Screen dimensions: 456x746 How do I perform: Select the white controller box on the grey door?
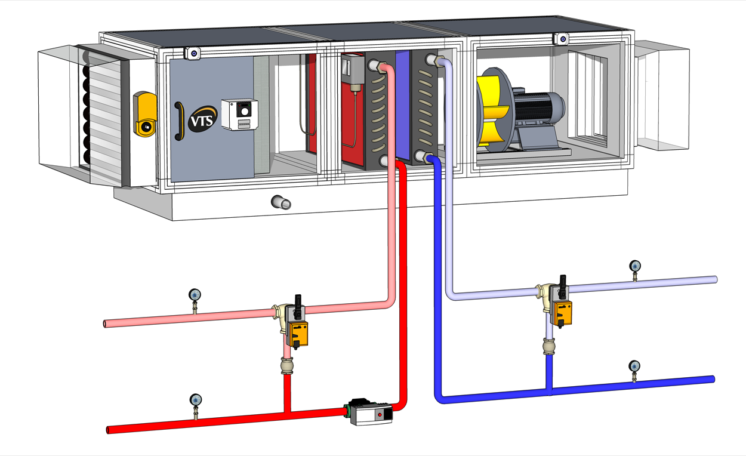tap(239, 114)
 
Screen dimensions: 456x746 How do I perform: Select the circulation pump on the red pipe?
tap(371, 412)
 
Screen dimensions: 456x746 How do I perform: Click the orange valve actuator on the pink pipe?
tap(297, 334)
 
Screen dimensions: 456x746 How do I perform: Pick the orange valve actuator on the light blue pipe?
tap(562, 312)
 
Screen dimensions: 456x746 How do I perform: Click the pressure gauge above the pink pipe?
tap(195, 295)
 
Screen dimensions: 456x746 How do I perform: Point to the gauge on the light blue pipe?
tap(635, 266)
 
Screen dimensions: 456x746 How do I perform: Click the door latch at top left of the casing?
tap(193, 53)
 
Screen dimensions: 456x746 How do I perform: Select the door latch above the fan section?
tap(561, 39)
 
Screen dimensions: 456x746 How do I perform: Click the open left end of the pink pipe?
tap(106, 324)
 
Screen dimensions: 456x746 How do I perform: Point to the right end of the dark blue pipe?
tap(712, 379)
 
